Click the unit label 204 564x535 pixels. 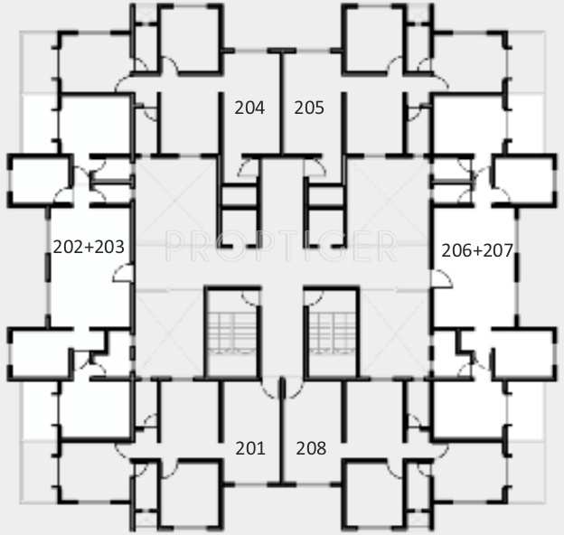[x=249, y=108]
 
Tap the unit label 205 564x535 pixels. [x=309, y=108]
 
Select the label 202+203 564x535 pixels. [x=89, y=246]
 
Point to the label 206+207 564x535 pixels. [x=476, y=250]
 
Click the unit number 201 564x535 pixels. [x=250, y=447]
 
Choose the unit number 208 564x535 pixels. [x=311, y=447]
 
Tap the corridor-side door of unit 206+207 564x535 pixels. [x=440, y=281]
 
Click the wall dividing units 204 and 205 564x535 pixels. [x=281, y=104]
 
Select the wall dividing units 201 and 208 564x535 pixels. [x=281, y=434]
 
